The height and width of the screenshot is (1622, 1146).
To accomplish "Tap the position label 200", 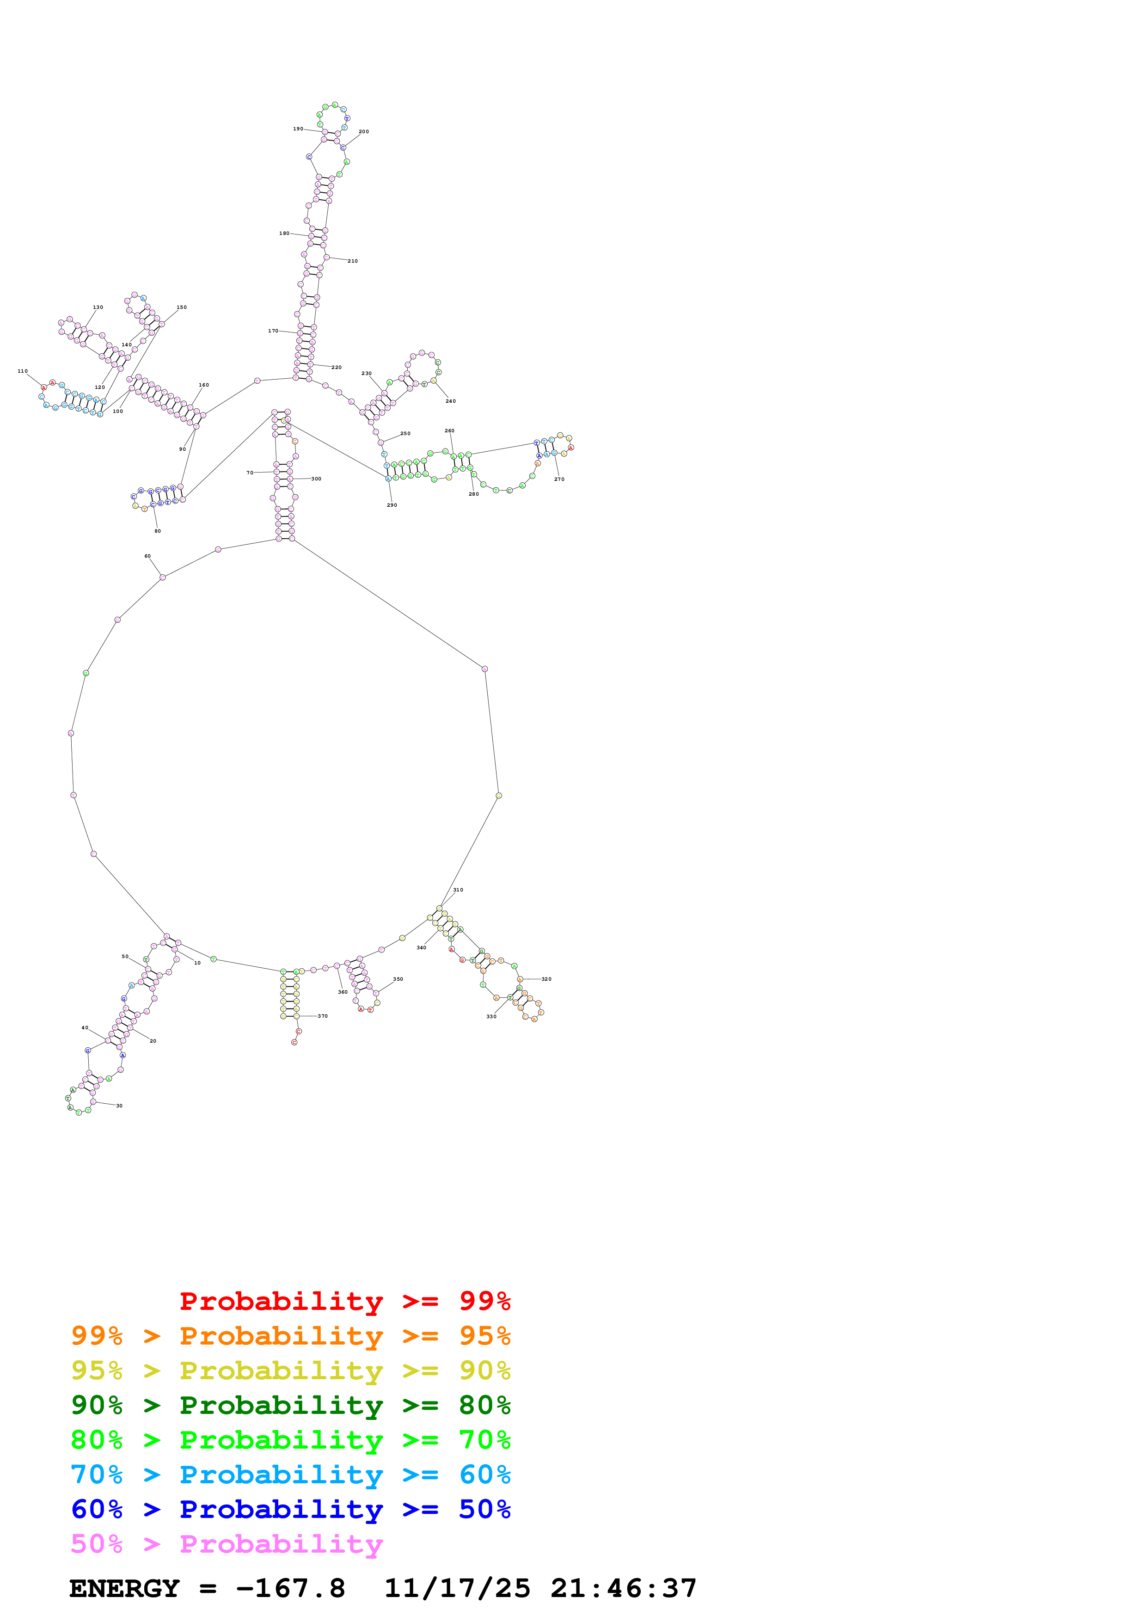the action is click(364, 131).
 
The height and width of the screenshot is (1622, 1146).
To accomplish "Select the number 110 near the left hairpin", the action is click(23, 371).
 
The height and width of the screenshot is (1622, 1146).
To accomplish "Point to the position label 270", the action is click(559, 479).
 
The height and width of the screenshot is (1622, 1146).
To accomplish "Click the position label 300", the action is click(316, 479).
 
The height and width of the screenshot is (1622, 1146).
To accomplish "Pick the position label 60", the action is click(147, 556).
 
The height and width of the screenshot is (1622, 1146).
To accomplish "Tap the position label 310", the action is click(458, 890).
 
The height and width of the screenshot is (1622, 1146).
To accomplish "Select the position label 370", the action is click(323, 1016).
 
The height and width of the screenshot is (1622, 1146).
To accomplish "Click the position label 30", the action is click(119, 1106).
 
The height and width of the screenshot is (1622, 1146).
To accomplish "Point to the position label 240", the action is click(450, 401).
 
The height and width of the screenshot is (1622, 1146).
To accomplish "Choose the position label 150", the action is click(182, 307).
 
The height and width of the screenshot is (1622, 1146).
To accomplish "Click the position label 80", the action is click(158, 531).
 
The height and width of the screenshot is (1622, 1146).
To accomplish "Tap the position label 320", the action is click(546, 979).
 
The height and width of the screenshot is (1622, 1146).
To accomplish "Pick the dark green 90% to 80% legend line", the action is click(290, 1405).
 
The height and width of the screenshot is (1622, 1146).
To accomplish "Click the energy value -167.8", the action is click(290, 1588).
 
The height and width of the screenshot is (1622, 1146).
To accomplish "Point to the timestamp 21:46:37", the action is click(624, 1588).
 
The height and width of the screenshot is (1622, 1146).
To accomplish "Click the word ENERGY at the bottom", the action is click(124, 1588).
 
